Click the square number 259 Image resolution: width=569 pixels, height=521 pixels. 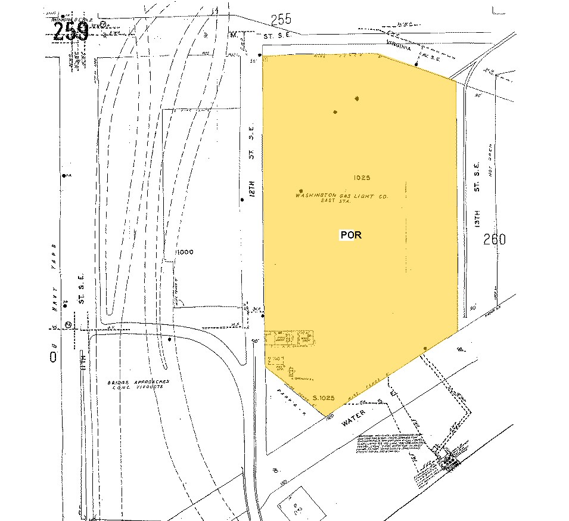tap(71, 32)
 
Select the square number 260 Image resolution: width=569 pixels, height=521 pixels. tap(495, 240)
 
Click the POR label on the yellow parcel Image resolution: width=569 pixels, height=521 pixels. tap(351, 235)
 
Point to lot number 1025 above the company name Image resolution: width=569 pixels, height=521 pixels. tap(362, 178)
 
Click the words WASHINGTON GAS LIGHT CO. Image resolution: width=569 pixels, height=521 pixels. tap(342, 196)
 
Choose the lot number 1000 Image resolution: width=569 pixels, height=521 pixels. tap(184, 252)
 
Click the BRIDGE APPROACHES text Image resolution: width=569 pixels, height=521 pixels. tap(139, 382)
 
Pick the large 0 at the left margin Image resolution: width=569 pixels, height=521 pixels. tap(54, 356)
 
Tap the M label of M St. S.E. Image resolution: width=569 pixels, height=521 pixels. tap(234, 34)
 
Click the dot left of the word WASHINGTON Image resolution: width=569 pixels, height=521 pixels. tap(292, 191)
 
